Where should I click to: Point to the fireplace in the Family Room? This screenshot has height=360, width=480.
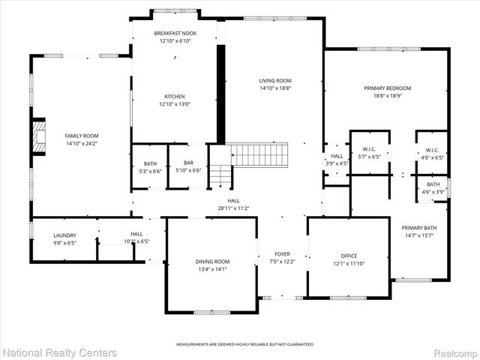pos(36,135)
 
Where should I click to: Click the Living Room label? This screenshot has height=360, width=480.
pos(275,80)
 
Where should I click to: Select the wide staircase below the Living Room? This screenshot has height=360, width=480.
pos(259,155)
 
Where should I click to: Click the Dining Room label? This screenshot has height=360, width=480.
pos(212,261)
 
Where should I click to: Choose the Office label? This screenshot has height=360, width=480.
pos(349,256)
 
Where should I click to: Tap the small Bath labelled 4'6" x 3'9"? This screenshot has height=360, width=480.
pos(433,187)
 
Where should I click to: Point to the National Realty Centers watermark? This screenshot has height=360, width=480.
pos(60,352)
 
